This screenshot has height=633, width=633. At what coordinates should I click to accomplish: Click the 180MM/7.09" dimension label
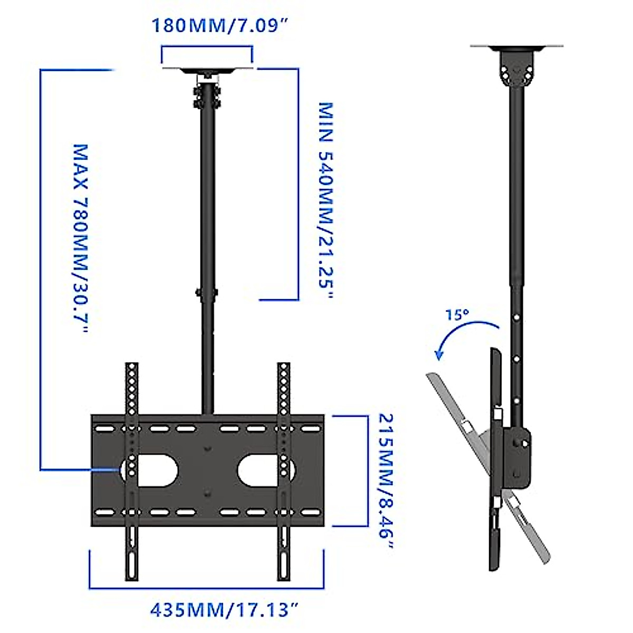(222, 25)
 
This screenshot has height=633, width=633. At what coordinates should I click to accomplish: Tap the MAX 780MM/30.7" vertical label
(80, 238)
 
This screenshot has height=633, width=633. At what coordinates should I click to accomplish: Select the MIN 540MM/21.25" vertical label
(327, 200)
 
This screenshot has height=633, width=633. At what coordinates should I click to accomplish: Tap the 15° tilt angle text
(457, 315)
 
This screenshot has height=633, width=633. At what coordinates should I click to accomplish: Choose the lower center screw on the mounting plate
(207, 494)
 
